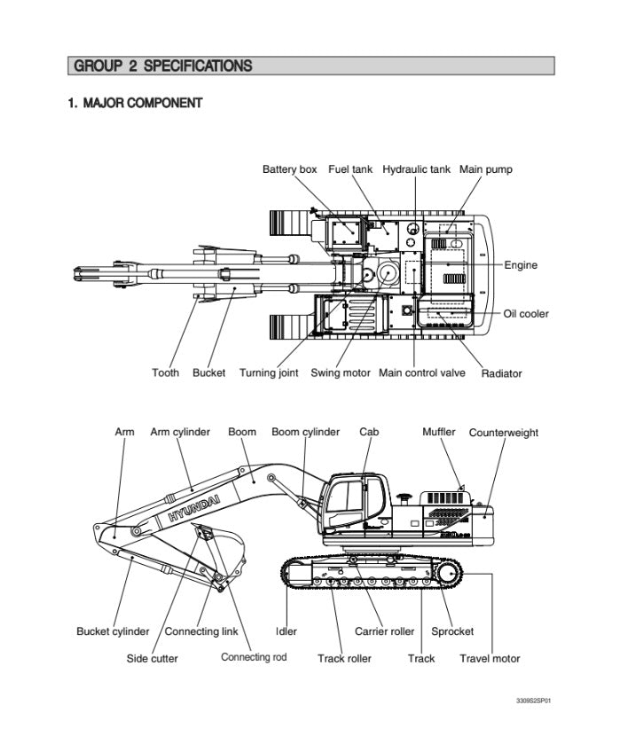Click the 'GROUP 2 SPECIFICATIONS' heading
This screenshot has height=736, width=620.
(163, 66)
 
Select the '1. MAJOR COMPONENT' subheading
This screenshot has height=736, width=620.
(135, 103)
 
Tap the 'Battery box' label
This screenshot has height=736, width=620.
(289, 169)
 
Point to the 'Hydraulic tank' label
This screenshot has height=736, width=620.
(416, 169)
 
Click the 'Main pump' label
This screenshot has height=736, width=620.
(485, 169)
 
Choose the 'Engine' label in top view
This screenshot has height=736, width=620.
(521, 265)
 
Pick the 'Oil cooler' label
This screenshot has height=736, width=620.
(526, 314)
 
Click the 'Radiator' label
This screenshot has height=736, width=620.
(501, 373)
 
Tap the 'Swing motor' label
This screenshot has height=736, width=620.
(340, 373)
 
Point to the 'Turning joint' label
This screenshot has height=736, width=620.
(269, 373)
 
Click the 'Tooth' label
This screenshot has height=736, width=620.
(165, 373)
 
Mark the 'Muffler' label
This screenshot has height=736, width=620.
(438, 432)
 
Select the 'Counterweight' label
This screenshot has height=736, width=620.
(503, 433)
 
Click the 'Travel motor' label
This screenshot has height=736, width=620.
(490, 659)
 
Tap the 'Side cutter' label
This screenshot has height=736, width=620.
(152, 659)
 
